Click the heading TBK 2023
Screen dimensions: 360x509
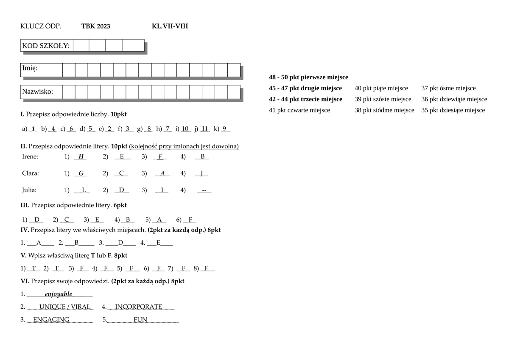coord(95,26)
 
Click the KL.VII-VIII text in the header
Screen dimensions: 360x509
coord(170,26)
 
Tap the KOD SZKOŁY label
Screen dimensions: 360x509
coord(46,46)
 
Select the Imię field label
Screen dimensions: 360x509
coord(30,68)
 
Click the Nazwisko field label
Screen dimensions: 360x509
coord(37,92)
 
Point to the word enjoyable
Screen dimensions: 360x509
coord(59,294)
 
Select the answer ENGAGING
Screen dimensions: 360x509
coord(51,319)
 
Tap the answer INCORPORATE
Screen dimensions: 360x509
coord(138,307)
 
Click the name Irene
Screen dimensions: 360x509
coord(30,156)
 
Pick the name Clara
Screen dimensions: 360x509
coord(30,173)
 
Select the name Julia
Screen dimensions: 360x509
coord(29,190)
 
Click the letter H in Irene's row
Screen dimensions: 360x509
coord(81,156)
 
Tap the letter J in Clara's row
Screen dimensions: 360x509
coord(202,173)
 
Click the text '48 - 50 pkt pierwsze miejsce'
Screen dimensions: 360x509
coord(308,77)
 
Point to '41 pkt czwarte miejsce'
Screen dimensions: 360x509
coord(299,110)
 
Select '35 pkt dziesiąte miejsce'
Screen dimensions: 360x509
coord(453,110)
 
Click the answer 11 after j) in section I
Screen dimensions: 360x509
coord(205,129)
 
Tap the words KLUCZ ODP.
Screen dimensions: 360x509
coord(41,26)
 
